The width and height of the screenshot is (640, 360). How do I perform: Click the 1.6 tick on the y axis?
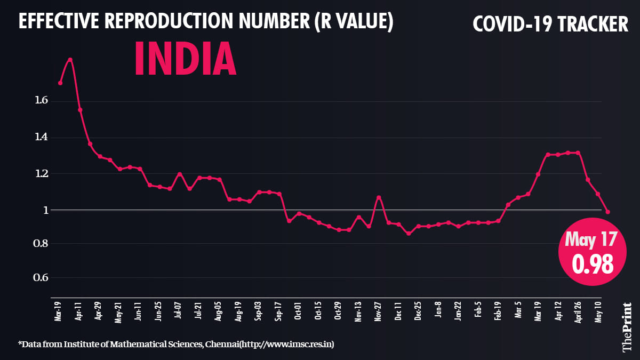pos(42,100)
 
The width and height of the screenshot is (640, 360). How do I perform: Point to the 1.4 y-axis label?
pos(42,137)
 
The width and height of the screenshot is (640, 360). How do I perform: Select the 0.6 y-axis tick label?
pos(42,277)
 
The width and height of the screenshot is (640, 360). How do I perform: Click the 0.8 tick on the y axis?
pos(42,244)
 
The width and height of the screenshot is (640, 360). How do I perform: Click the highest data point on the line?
pos(70,60)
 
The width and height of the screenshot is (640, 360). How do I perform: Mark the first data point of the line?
pos(60,83)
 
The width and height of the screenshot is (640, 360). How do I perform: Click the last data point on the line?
pos(608,212)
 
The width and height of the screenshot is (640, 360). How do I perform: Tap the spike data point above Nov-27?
pos(379,197)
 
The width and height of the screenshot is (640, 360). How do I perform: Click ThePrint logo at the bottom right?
pos(627,327)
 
